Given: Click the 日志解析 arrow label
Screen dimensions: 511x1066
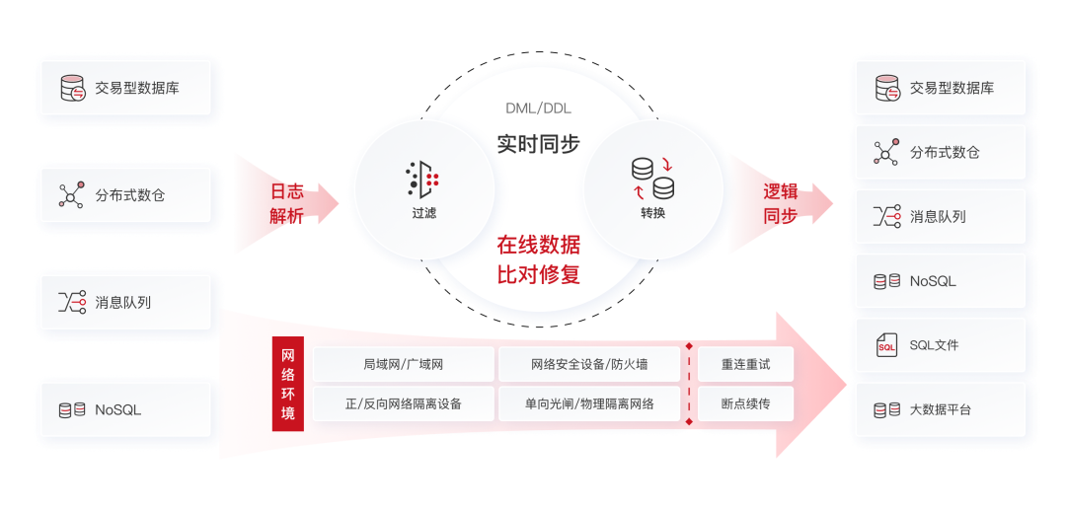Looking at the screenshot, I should [x=287, y=203].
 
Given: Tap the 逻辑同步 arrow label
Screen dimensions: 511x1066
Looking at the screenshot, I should [x=780, y=203].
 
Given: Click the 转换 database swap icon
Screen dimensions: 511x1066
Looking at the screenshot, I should [x=652, y=177].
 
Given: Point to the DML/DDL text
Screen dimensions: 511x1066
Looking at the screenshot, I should [x=538, y=108].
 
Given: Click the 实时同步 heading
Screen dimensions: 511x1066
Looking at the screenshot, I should [x=538, y=143].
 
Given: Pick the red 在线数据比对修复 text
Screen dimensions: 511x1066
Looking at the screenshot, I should [x=538, y=259].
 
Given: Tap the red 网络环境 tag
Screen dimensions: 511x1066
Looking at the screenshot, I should [x=288, y=384].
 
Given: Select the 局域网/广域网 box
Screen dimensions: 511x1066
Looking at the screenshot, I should [x=403, y=364].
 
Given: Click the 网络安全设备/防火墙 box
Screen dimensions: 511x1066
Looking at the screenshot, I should [x=589, y=364].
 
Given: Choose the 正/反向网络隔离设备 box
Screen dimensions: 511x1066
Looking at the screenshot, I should [x=403, y=403].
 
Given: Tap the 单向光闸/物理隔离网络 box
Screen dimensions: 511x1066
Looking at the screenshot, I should [x=589, y=403].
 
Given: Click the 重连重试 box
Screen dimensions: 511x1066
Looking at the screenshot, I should [x=745, y=364].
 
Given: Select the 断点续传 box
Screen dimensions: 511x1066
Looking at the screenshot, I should [x=745, y=403].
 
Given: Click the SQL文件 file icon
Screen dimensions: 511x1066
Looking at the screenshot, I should [x=886, y=345].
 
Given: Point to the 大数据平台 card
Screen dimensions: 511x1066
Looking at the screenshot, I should [x=940, y=409].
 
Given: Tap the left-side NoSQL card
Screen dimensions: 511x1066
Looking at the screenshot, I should [x=126, y=409].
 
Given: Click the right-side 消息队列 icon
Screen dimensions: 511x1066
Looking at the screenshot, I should [x=886, y=217].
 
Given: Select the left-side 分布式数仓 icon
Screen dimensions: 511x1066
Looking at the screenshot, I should [x=72, y=195].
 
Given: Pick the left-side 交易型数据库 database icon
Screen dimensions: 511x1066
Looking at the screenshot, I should [x=73, y=88].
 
